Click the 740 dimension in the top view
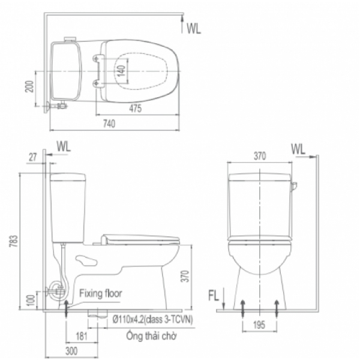109,124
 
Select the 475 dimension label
135,109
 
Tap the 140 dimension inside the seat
121,71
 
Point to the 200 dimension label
29,86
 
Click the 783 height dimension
14,241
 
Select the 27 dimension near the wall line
33,157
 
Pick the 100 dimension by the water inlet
31,301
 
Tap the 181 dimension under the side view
82,337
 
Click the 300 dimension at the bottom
71,351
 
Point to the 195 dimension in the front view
259,325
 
